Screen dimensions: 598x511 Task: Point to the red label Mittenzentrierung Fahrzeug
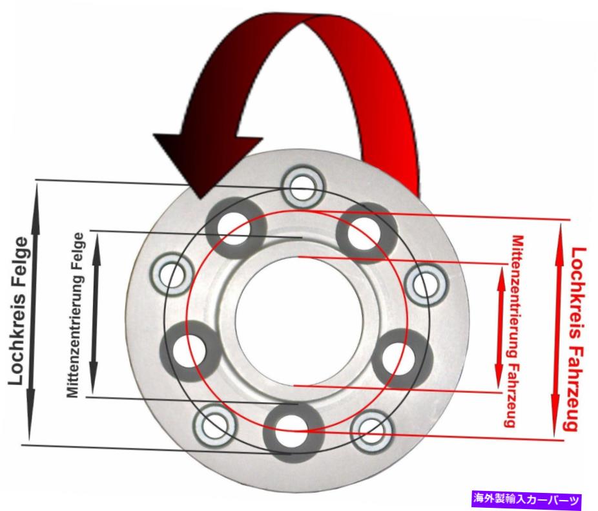click(514, 331)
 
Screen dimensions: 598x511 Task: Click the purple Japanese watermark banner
click(527, 499)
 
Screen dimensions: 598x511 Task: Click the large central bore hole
click(300, 320)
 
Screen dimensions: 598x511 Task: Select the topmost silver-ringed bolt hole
click(303, 187)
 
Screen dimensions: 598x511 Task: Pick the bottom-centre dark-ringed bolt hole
click(293, 432)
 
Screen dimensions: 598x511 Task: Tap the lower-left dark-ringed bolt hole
click(190, 351)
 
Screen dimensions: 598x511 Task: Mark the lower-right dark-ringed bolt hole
click(402, 359)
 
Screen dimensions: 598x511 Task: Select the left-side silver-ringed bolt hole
click(170, 275)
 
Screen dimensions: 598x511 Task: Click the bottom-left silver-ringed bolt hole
click(214, 426)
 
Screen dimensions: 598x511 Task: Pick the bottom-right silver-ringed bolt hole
click(371, 432)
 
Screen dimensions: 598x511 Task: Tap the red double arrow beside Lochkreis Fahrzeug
click(557, 331)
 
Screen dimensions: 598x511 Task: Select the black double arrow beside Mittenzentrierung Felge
click(94, 313)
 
